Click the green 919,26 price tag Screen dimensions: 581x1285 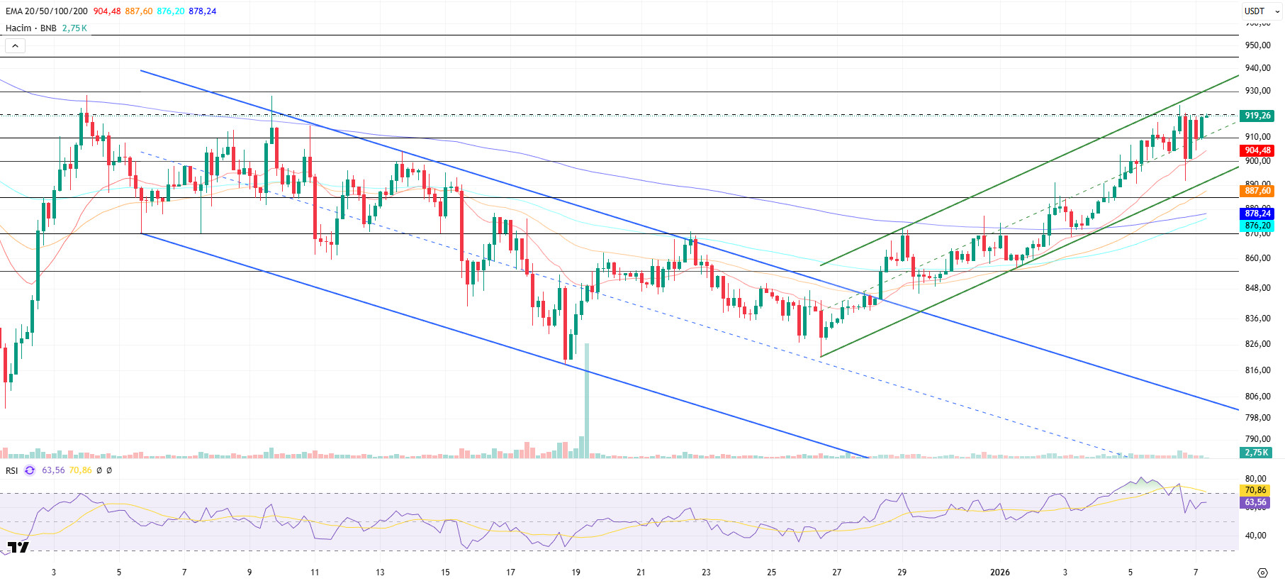click(x=1257, y=116)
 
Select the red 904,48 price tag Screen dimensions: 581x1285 click(x=1257, y=150)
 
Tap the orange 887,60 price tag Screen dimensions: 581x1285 click(x=1257, y=191)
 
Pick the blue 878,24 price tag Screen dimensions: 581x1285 click(x=1257, y=214)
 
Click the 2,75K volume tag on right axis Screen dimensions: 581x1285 click(x=1256, y=453)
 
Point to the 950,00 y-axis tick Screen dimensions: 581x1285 click(x=1257, y=45)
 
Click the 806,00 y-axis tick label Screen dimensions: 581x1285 click(x=1257, y=397)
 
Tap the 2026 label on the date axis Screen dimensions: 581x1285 click(x=999, y=572)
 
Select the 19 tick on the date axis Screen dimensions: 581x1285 click(x=576, y=572)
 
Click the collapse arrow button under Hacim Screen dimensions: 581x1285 click(x=15, y=46)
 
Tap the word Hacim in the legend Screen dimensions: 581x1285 click(x=18, y=28)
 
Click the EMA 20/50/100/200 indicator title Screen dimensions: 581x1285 click(x=47, y=11)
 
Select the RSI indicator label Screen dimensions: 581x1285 click(x=12, y=470)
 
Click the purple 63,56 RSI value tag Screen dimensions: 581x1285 click(x=1255, y=502)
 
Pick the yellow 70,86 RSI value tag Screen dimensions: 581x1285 click(x=1255, y=490)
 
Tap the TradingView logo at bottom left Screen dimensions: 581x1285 click(x=18, y=548)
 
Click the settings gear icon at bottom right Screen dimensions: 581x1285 click(x=1262, y=572)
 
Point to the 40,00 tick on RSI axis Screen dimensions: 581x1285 click(x=1256, y=536)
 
